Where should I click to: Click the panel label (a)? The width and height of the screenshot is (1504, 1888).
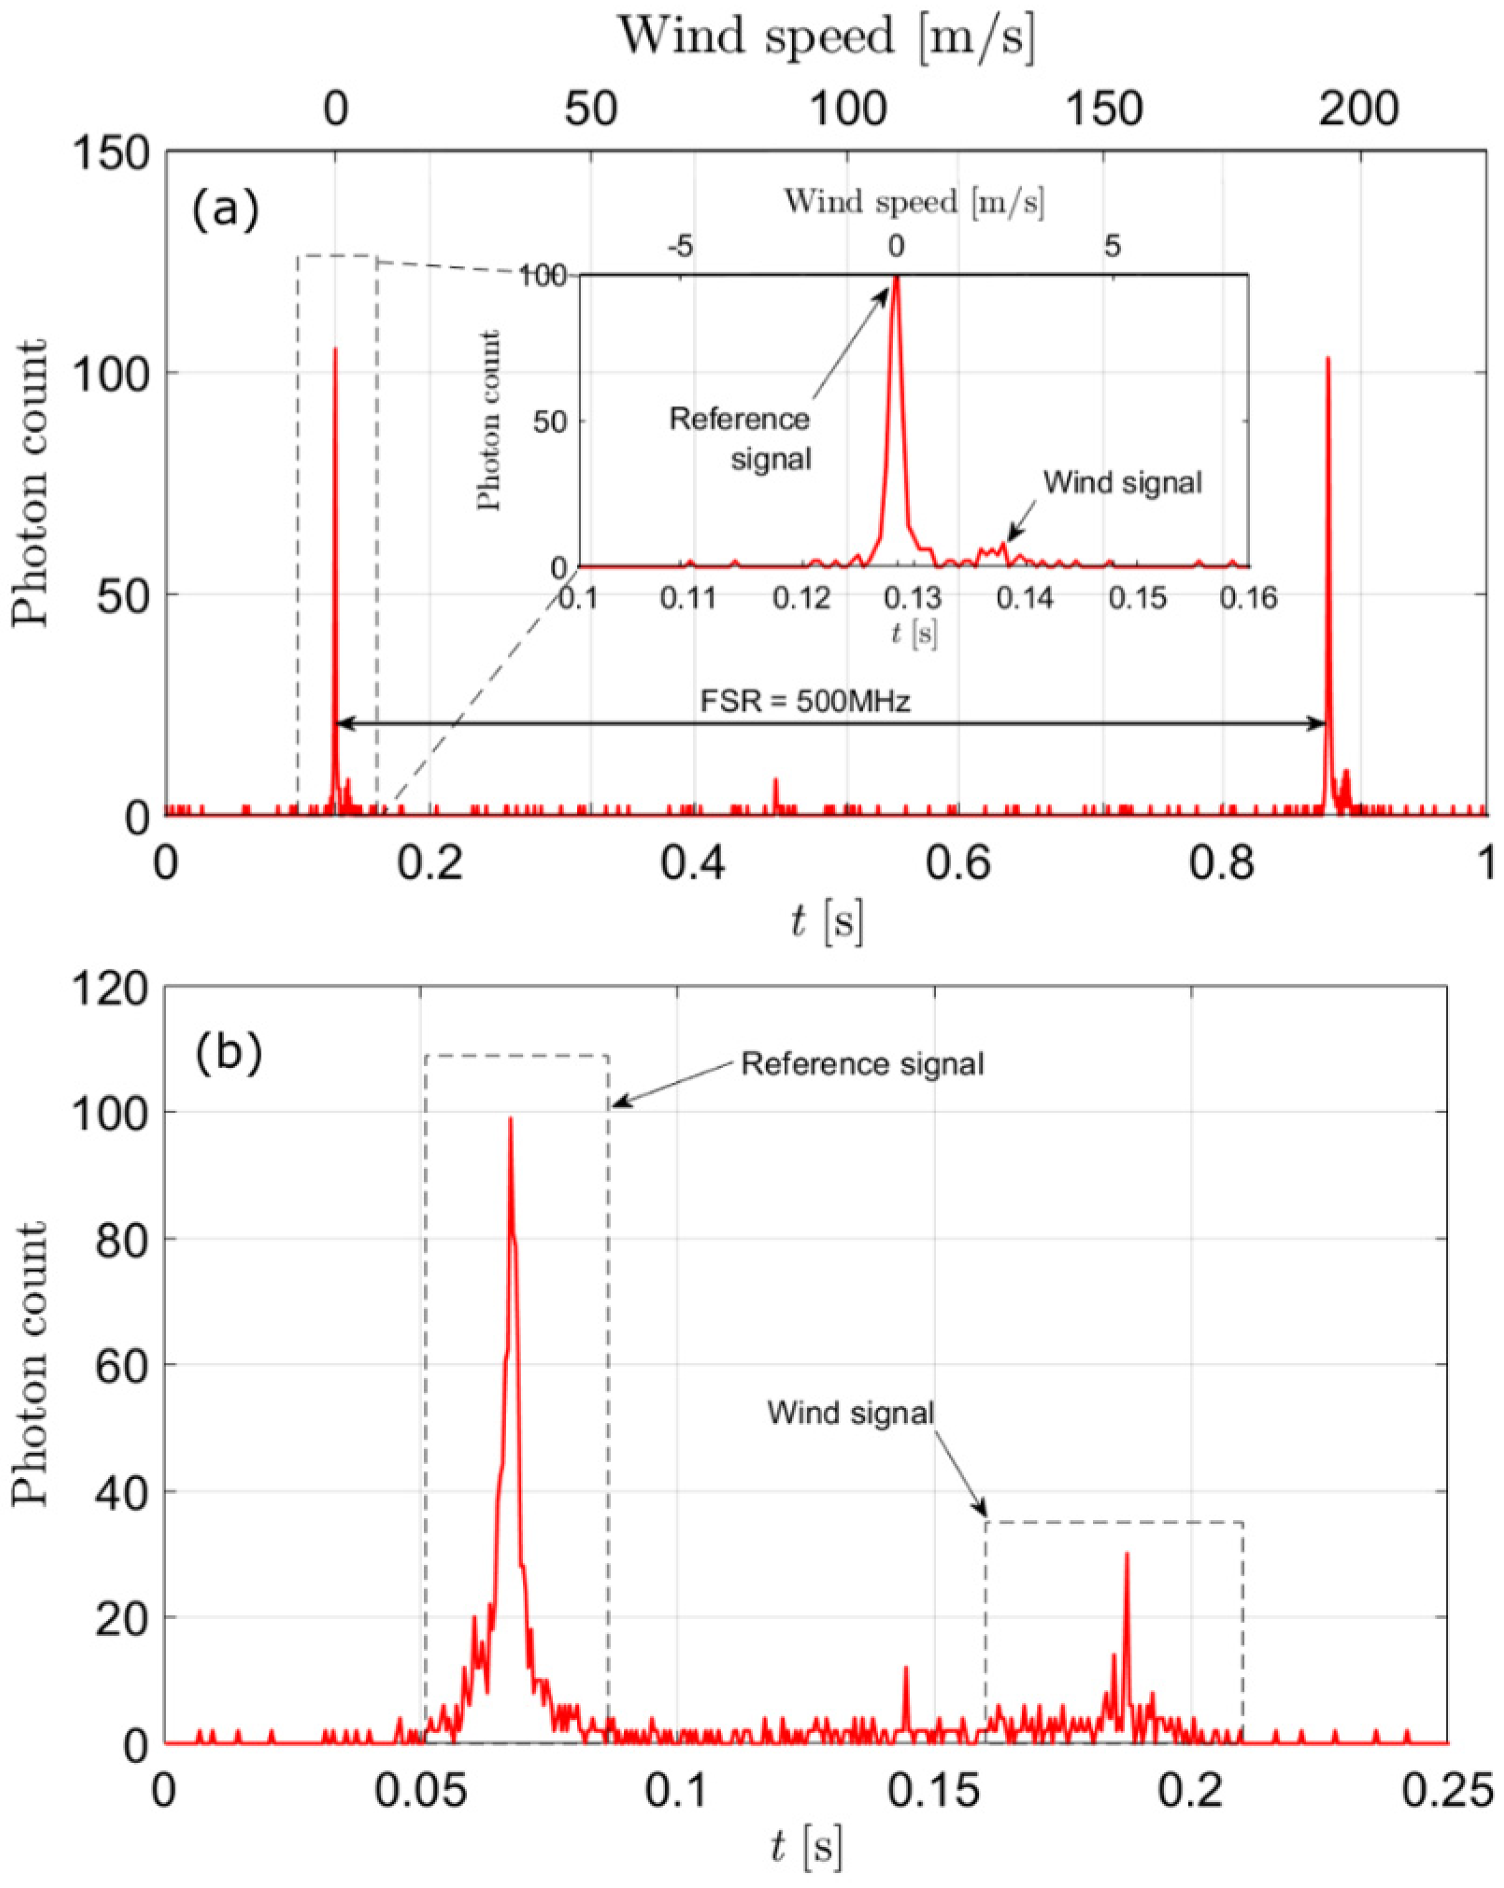click(226, 211)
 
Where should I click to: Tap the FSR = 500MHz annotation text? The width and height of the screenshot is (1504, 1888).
click(804, 702)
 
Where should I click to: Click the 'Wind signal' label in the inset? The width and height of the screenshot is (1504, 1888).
click(1122, 483)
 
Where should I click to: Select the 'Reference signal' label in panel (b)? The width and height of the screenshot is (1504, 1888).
click(862, 1064)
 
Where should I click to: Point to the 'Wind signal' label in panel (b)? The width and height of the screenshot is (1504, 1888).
click(851, 1412)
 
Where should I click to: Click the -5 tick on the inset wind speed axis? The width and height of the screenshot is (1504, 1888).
click(680, 247)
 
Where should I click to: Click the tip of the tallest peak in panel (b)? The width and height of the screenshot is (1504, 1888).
click(511, 1118)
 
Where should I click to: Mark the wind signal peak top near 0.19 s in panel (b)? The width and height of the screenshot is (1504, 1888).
click(1127, 1554)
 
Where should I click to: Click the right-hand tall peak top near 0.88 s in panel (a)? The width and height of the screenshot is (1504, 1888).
click(1328, 357)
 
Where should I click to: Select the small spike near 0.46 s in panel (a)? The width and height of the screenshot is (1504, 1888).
click(774, 779)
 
